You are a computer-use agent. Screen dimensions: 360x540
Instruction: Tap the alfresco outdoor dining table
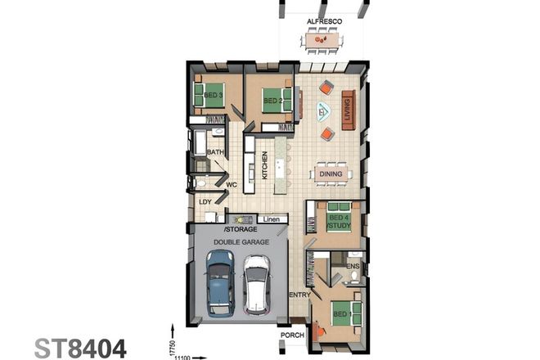coord(322,38)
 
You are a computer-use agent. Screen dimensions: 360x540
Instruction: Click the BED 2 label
coord(272,101)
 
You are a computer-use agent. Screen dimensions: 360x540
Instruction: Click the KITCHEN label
coord(264,165)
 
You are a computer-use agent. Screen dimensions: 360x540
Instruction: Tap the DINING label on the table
coord(331,173)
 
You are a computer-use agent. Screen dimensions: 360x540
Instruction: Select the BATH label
coord(215,152)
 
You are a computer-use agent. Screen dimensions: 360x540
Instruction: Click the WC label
coord(232,185)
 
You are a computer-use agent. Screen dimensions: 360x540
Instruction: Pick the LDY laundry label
coord(205,201)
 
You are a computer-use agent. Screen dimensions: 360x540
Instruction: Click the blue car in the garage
coord(218,281)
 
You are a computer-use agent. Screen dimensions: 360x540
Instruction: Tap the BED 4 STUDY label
coord(338,222)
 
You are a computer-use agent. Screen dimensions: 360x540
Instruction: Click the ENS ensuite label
coord(353,266)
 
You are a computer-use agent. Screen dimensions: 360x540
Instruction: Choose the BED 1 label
coord(340,312)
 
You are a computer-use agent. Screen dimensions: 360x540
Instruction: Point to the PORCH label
coord(291,334)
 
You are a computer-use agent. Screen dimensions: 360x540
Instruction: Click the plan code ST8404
coord(80,348)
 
